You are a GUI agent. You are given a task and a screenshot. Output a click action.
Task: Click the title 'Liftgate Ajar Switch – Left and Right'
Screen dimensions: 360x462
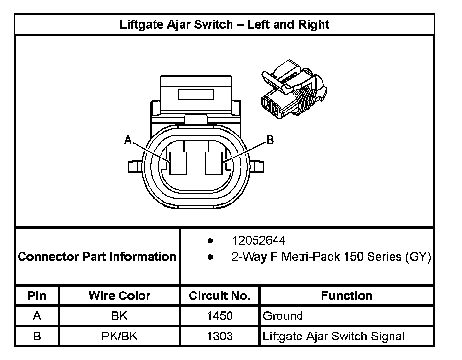click(x=225, y=24)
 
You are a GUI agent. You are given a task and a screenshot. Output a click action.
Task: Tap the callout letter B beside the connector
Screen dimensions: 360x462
click(x=270, y=140)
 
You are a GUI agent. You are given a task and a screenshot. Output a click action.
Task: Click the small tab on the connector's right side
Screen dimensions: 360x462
click(x=259, y=167)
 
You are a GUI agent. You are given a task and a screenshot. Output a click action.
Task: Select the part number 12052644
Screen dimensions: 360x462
click(x=258, y=241)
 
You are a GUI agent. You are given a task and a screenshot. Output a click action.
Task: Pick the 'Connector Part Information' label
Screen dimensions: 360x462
click(x=97, y=257)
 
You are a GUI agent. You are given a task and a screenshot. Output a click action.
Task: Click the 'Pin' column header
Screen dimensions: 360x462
click(x=37, y=296)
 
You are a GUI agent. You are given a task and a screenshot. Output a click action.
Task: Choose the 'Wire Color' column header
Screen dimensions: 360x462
click(x=119, y=296)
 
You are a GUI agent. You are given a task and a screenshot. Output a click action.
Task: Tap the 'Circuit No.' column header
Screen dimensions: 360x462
click(x=220, y=296)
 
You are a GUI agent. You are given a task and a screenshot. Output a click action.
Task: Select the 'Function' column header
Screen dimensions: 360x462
click(x=346, y=296)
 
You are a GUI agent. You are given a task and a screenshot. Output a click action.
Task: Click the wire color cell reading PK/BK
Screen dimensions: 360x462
click(x=119, y=336)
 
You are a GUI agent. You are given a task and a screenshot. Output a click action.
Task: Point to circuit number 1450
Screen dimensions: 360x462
click(x=220, y=316)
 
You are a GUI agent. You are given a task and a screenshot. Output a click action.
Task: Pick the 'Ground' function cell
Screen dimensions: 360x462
click(x=283, y=316)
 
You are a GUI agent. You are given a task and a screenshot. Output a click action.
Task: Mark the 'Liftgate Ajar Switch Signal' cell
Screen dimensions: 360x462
click(x=333, y=336)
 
